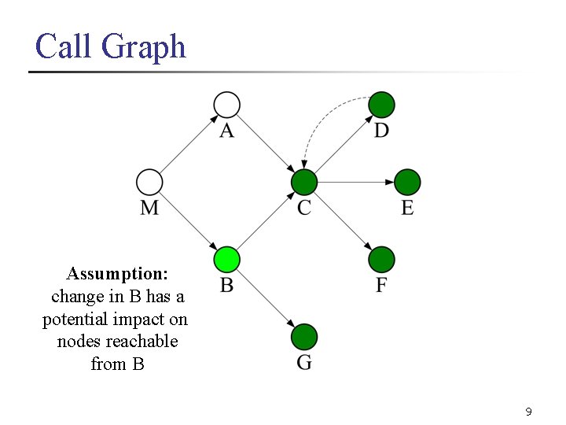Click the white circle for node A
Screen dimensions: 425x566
pyautogui.click(x=226, y=104)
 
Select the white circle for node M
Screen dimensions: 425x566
pyautogui.click(x=149, y=182)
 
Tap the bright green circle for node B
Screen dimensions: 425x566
pyautogui.click(x=226, y=259)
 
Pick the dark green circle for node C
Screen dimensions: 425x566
pyautogui.click(x=304, y=182)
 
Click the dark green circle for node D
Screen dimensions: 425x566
pyautogui.click(x=381, y=104)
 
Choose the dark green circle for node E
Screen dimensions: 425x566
pyautogui.click(x=407, y=182)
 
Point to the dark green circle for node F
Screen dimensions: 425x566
pyautogui.click(x=381, y=259)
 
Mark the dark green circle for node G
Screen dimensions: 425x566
pyautogui.click(x=304, y=337)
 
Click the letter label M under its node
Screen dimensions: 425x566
pyautogui.click(x=149, y=208)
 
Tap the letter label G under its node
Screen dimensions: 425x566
pyautogui.click(x=304, y=363)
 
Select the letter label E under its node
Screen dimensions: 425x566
pyautogui.click(x=407, y=208)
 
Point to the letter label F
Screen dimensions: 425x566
pyautogui.click(x=381, y=285)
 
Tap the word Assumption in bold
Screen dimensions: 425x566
pyautogui.click(x=117, y=274)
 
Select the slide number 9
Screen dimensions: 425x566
pyautogui.click(x=528, y=412)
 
